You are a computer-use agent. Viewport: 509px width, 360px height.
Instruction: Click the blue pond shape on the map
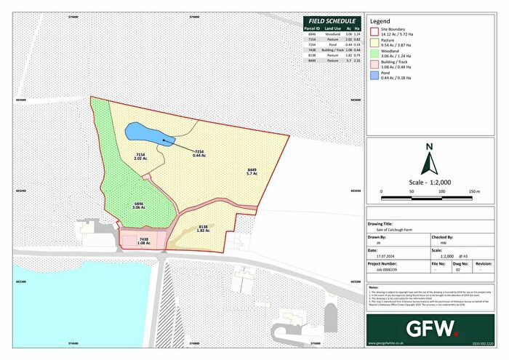coord(143,132)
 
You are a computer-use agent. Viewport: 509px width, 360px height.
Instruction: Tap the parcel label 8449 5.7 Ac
coord(252,172)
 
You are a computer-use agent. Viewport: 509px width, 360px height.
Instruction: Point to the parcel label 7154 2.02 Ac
coord(141,157)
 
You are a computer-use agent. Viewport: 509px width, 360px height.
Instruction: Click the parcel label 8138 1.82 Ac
coord(204,229)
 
